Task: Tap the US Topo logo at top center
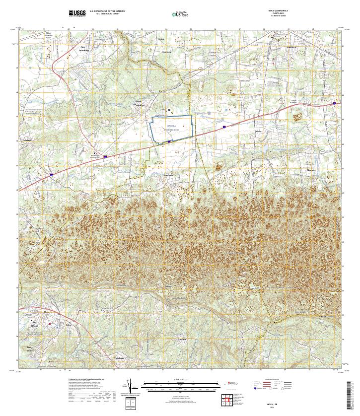click(x=182, y=13)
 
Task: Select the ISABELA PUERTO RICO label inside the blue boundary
click(x=171, y=128)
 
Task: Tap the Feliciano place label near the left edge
click(x=26, y=140)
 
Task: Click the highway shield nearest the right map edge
click(x=335, y=103)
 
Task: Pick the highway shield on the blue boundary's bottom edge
click(x=169, y=141)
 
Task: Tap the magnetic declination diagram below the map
click(x=131, y=386)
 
